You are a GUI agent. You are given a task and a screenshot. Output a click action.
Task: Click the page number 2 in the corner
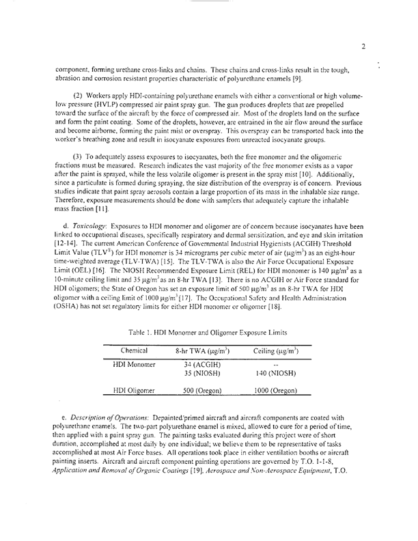364,46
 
